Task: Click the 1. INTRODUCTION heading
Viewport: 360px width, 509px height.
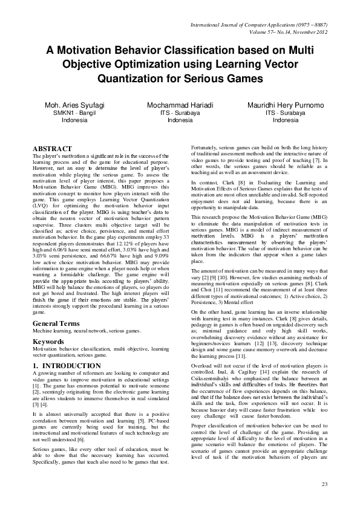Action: click(67, 366)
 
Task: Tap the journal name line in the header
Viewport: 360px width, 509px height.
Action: click(258, 24)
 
